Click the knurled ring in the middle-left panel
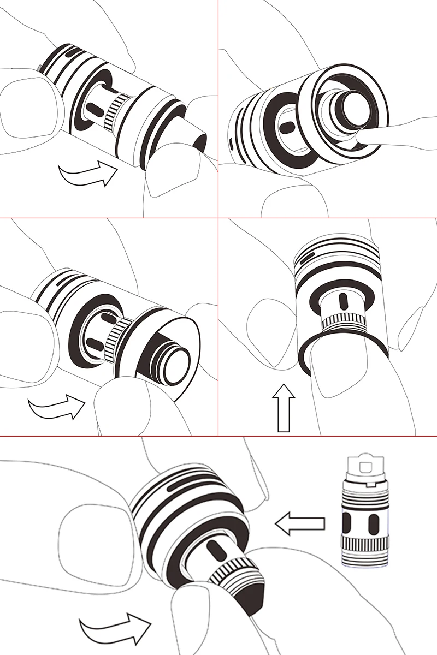[117, 335]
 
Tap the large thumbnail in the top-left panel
[27, 104]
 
